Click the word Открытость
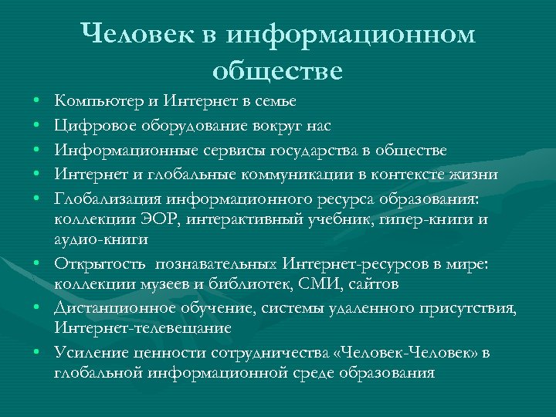[x=95, y=265]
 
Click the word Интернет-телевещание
[x=143, y=328]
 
